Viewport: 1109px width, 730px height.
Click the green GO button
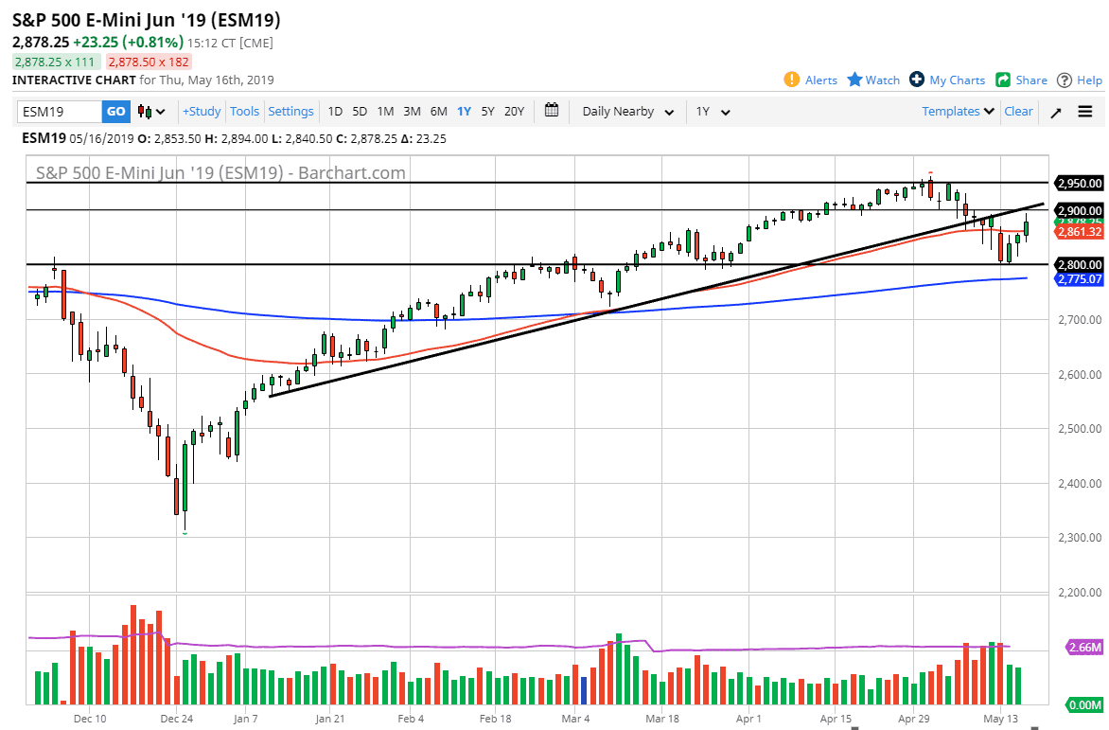coord(115,112)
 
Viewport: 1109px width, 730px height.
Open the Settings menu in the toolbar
coord(290,112)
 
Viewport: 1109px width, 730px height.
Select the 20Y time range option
coord(514,112)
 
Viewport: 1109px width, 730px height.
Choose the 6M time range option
coord(438,112)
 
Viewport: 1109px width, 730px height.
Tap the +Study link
coord(202,112)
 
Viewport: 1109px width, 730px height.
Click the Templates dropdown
coord(959,112)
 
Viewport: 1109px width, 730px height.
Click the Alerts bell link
coord(811,80)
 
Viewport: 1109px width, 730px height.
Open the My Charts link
coord(947,80)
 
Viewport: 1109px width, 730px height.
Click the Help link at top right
coord(1080,80)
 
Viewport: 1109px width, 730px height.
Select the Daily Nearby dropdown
coord(628,112)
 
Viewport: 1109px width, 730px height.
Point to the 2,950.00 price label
coord(1080,183)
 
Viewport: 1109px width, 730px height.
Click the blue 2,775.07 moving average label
coord(1080,280)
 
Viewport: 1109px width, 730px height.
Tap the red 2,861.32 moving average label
coord(1080,232)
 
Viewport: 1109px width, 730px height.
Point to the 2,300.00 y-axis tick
coord(1080,538)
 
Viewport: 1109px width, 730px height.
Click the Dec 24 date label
coord(177,719)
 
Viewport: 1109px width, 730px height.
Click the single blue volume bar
coord(584,690)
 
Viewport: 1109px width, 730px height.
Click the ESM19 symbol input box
coord(60,112)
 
